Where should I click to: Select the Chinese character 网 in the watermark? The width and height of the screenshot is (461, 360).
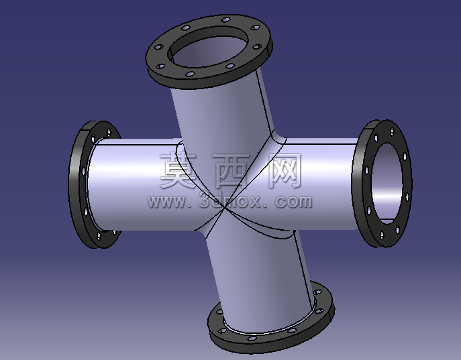click(285, 170)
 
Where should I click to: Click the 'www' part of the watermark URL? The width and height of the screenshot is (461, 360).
click(166, 202)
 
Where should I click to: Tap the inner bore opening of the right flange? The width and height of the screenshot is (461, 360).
click(387, 182)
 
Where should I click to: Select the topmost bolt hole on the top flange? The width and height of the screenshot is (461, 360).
click(225, 20)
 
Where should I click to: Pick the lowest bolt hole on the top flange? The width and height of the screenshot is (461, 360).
click(190, 74)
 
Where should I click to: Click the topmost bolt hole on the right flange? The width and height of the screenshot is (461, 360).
click(392, 131)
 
